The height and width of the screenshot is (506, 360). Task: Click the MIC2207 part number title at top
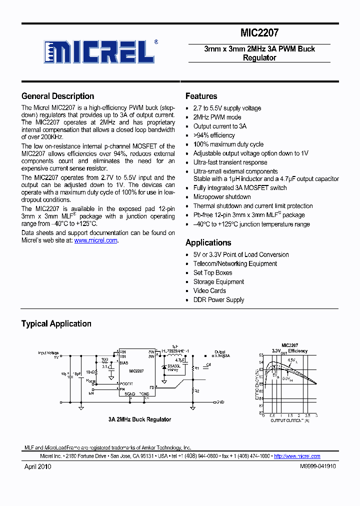[x=259, y=33]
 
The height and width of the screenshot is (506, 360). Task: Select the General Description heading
[x=57, y=96]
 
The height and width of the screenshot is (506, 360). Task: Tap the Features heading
[x=201, y=96]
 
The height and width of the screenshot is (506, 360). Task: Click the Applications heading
[x=208, y=242]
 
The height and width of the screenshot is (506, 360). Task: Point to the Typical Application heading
[x=56, y=323]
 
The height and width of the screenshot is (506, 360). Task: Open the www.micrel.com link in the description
[x=96, y=240]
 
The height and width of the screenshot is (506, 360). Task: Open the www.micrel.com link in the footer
[x=297, y=456]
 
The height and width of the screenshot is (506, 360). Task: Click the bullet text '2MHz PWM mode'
[x=217, y=117]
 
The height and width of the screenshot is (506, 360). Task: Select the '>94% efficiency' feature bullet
[x=214, y=135]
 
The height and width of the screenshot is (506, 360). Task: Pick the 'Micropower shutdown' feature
[x=222, y=197]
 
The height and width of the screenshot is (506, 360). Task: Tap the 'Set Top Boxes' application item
[x=212, y=273]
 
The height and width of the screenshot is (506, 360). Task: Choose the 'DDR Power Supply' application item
[x=218, y=300]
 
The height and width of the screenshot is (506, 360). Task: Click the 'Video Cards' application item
[x=209, y=291]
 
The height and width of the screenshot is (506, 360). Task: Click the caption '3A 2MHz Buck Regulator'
[x=139, y=419]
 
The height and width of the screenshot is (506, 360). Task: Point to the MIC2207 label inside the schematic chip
[x=136, y=371]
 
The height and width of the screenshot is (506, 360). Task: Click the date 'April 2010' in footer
[x=38, y=466]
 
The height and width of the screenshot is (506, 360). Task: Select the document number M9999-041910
[x=317, y=466]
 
